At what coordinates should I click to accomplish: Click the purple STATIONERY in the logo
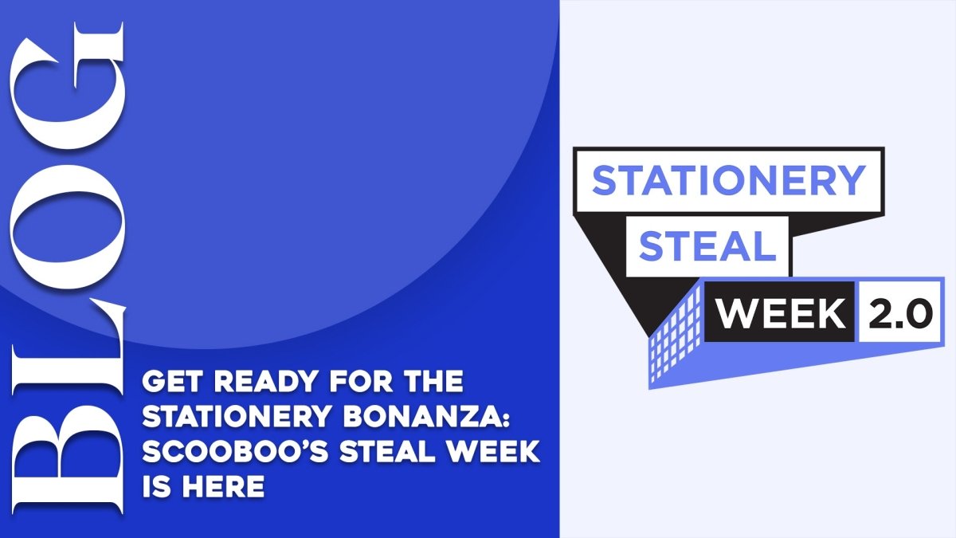728,181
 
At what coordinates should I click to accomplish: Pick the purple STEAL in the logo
707,247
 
